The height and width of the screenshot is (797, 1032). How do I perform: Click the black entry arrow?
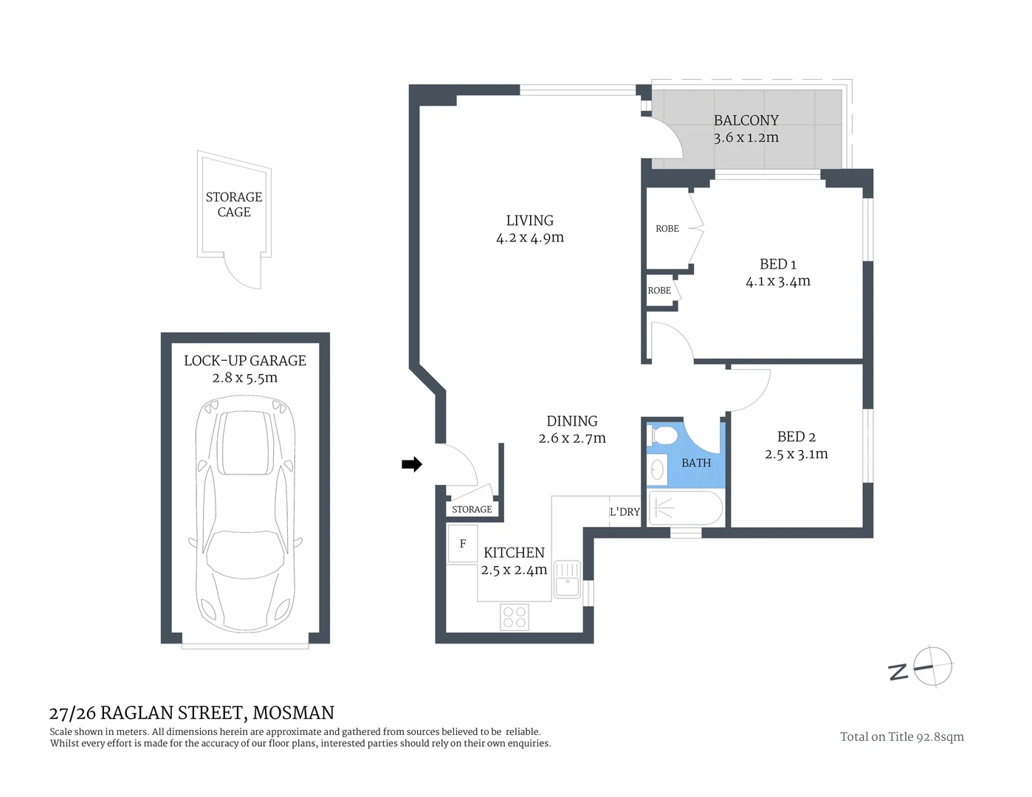(411, 464)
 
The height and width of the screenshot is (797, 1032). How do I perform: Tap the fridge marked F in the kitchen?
(463, 544)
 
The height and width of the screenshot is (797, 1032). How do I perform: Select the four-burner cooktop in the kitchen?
(515, 617)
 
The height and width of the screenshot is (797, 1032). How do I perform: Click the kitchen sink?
(567, 579)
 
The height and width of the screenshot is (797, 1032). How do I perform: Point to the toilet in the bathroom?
(664, 436)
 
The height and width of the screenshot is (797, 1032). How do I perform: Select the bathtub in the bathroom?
(684, 508)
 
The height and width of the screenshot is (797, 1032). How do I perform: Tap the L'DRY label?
(624, 511)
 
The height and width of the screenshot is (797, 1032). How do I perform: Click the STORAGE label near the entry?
(472, 509)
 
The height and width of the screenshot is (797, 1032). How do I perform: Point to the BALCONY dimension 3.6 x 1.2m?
(746, 137)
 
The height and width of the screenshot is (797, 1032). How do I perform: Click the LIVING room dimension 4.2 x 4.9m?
(529, 238)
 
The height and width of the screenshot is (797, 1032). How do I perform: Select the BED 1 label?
(777, 264)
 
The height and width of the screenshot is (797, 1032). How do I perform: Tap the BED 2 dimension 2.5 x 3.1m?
(796, 454)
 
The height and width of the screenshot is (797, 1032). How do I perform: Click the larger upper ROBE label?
(667, 229)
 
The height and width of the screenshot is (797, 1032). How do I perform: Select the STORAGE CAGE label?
(234, 204)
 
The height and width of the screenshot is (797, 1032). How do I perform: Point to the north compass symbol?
(933, 667)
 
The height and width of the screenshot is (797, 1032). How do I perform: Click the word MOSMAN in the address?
(293, 713)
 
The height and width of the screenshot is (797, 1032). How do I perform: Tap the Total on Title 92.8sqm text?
(901, 736)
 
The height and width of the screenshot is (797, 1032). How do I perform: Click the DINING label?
(571, 421)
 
